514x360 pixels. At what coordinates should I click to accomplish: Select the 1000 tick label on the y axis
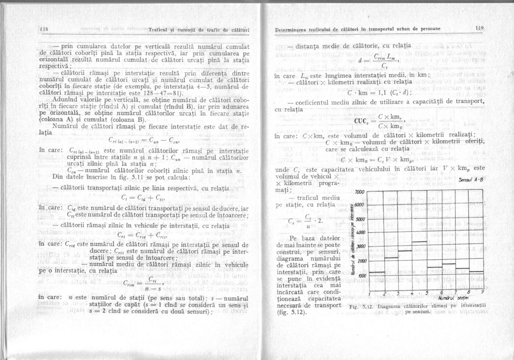click(361, 275)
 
